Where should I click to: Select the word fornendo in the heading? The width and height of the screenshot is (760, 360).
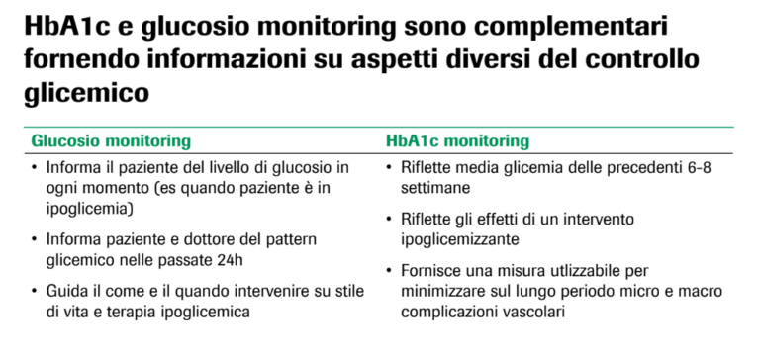[71, 60]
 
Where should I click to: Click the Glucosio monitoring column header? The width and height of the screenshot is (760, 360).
[111, 141]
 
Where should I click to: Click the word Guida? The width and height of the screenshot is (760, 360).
[65, 293]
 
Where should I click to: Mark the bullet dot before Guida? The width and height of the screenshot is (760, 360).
[36, 293]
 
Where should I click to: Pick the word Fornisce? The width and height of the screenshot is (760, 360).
[430, 270]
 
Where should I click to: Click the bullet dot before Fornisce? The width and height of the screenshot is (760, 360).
[391, 270]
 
